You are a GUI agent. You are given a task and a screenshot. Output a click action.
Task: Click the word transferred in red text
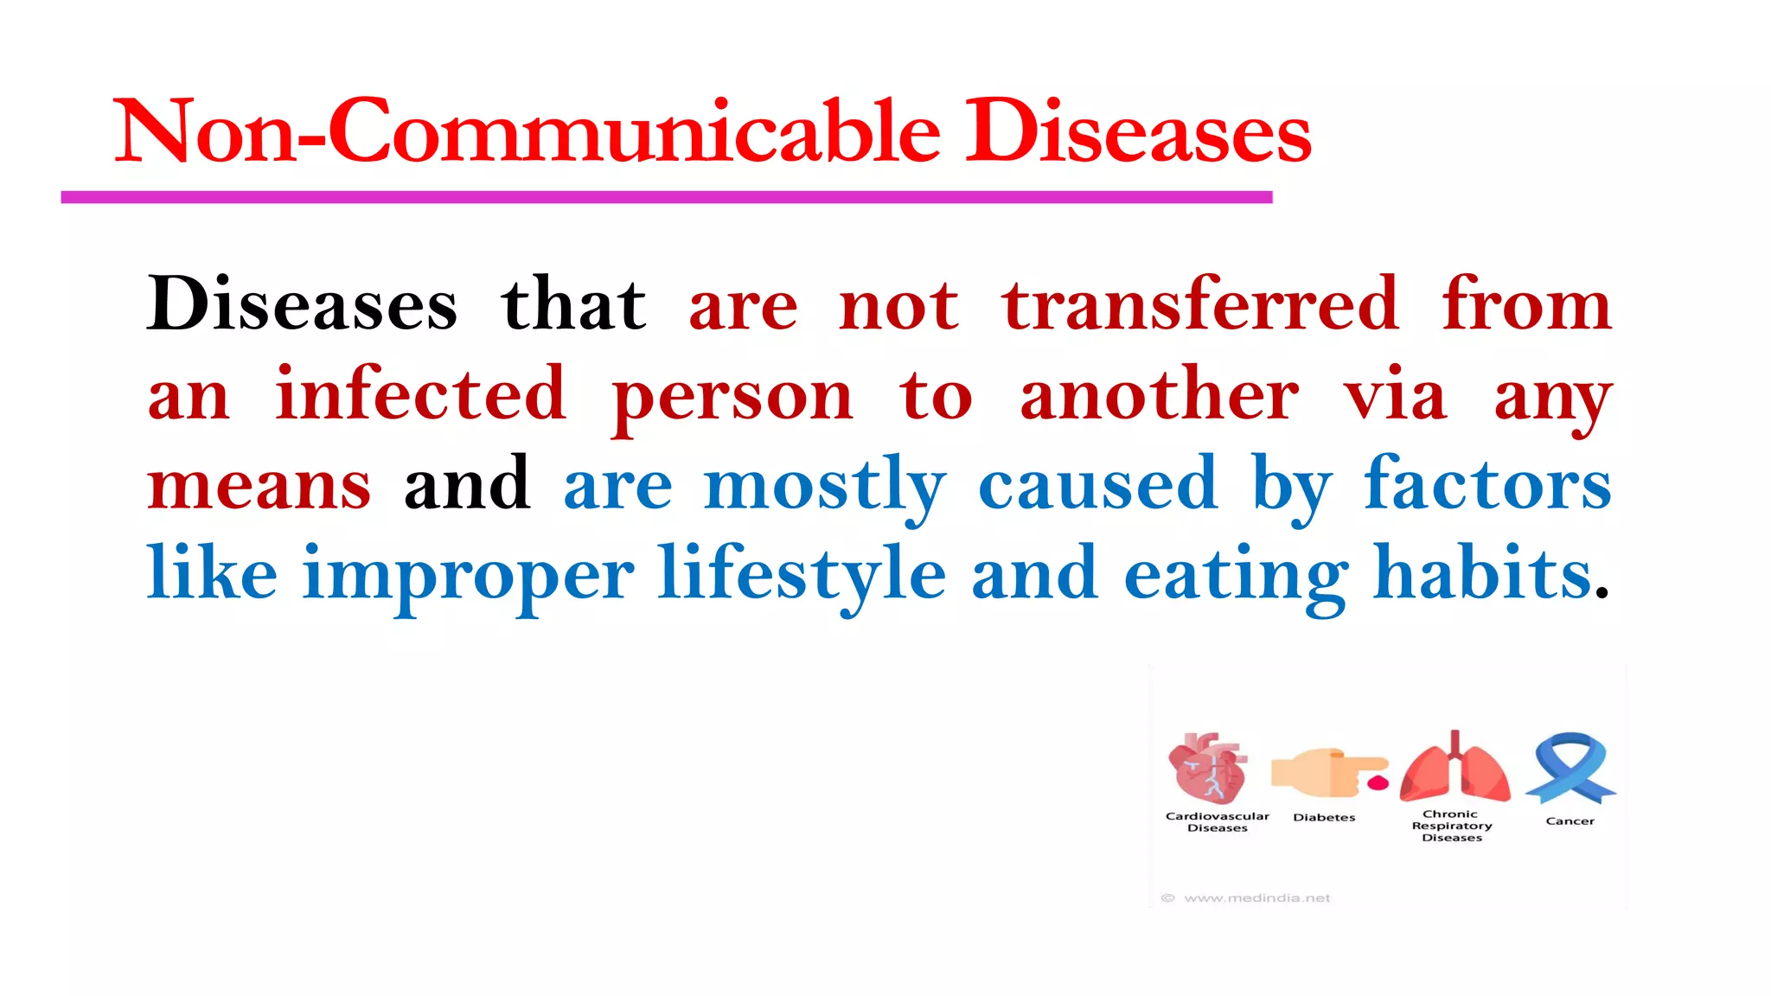tap(1200, 304)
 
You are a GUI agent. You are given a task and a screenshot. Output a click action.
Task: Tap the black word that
tap(573, 304)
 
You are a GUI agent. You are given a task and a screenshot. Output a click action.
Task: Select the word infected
tap(420, 394)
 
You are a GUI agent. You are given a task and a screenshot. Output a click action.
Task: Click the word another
tap(1159, 394)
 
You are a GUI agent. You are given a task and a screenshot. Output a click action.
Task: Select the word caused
tap(1097, 484)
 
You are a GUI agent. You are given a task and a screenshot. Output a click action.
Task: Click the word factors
tap(1487, 484)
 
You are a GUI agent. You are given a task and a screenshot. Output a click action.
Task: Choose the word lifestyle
tap(802, 574)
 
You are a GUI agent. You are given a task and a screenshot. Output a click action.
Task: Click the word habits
tap(1482, 572)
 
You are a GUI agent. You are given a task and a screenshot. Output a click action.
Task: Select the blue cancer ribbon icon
tap(1570, 767)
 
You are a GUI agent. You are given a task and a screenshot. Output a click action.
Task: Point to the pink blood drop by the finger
tap(1378, 783)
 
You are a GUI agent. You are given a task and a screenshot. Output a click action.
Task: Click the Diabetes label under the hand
tap(1324, 817)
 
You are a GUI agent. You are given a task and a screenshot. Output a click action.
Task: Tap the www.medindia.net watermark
tap(1256, 898)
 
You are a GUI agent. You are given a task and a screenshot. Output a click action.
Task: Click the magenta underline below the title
tap(666, 198)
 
